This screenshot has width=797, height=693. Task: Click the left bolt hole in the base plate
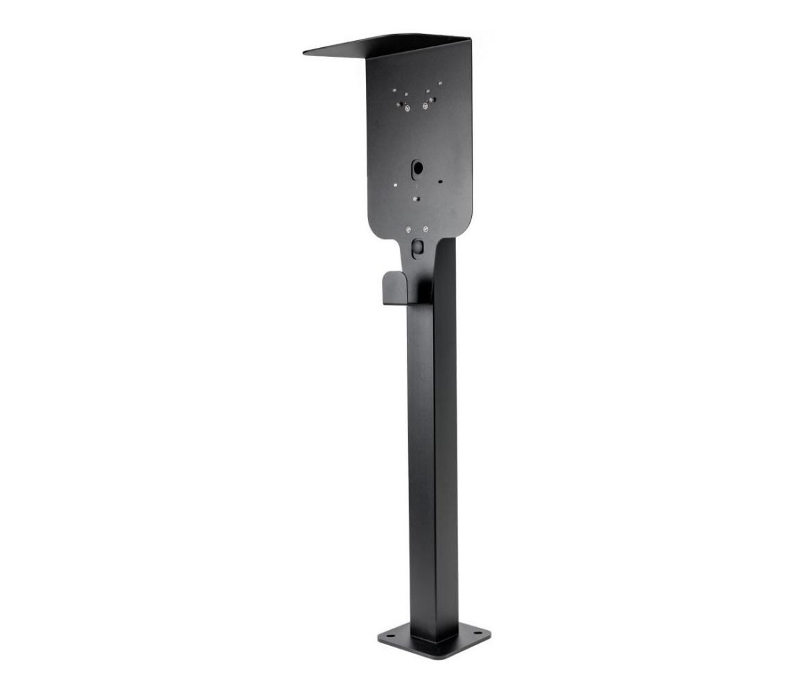coord(389,634)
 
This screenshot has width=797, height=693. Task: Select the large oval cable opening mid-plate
coord(417,168)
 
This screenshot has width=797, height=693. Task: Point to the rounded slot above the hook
coord(417,247)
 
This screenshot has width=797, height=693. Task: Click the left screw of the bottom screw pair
coord(409,230)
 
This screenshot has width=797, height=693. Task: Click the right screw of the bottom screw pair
coord(426,230)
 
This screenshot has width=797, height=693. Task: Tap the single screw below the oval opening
coord(415,198)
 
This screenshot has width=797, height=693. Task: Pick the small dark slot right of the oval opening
coord(440,182)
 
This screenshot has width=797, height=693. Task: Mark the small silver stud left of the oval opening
coord(395,185)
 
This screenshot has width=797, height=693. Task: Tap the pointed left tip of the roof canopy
coord(306,52)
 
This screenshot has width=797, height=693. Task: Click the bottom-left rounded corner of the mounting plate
coord(375,229)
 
